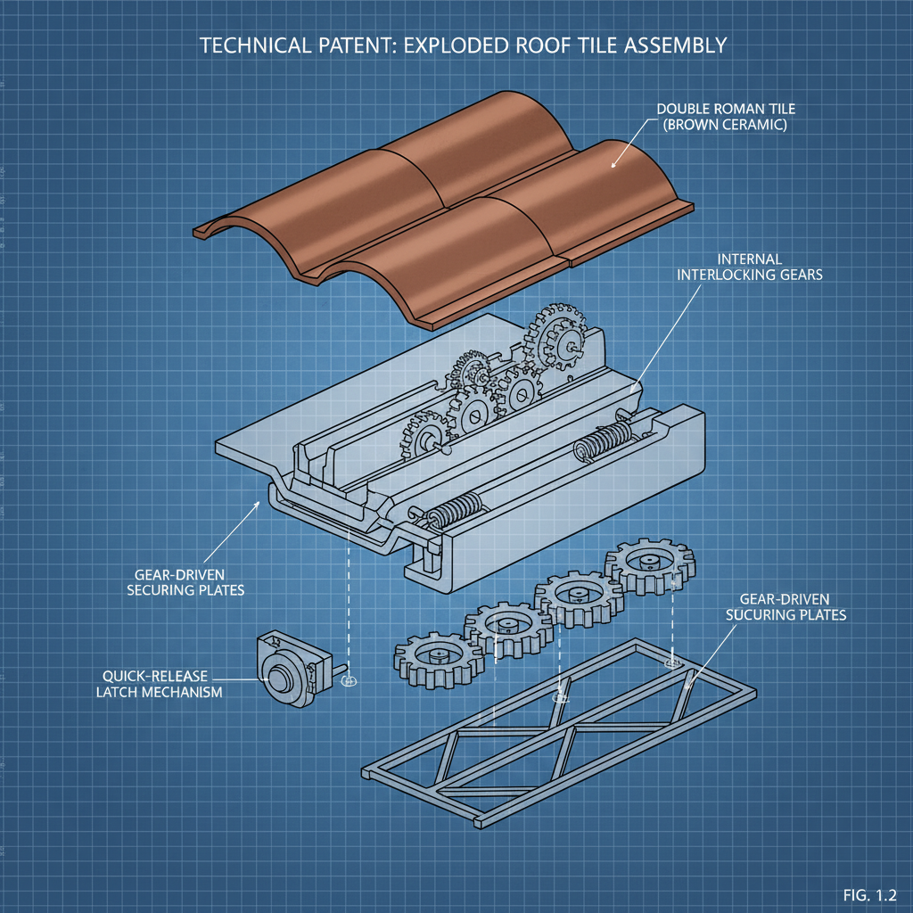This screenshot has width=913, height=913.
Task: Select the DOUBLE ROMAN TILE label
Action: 726,109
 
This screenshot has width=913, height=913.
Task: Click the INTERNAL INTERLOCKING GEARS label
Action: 749,267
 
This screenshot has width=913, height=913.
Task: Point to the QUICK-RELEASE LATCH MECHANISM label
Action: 159,684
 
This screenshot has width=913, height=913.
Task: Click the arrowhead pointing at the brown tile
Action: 613,164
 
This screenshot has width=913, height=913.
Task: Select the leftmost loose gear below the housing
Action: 439,660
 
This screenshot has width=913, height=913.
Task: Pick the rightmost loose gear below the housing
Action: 650,566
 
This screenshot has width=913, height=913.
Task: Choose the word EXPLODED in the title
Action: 456,45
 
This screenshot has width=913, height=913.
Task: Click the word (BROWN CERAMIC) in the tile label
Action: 724,125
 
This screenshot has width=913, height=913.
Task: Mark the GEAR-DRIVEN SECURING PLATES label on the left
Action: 185,582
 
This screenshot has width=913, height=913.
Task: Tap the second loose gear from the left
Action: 509,630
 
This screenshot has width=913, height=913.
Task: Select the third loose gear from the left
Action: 580,598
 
